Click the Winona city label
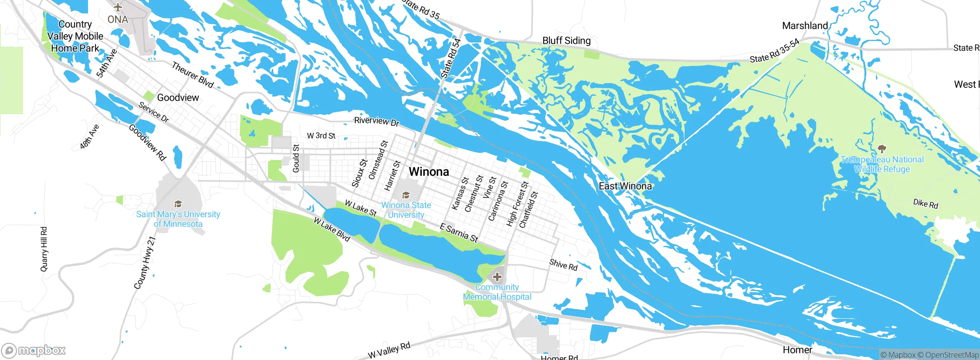click(429, 172)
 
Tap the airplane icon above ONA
click(118, 7)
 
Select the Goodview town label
click(178, 98)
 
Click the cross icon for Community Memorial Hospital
click(497, 277)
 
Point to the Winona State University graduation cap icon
click(406, 196)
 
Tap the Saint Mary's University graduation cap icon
click(178, 204)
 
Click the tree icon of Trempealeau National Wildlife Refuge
click(882, 149)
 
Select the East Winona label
click(625, 186)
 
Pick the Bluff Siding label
click(566, 41)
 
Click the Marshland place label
click(805, 26)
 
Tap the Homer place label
click(797, 350)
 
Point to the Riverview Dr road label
click(376, 121)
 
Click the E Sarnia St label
click(459, 233)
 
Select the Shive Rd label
click(563, 265)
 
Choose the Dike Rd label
click(925, 204)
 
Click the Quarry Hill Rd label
click(44, 249)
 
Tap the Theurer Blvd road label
click(192, 75)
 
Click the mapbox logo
click(34, 350)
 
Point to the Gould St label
click(296, 158)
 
